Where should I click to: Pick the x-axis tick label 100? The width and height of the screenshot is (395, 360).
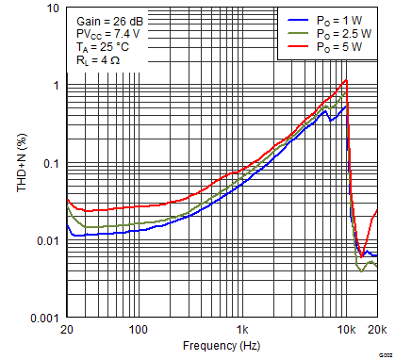(139, 332)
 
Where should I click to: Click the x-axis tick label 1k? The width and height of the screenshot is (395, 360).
(243, 332)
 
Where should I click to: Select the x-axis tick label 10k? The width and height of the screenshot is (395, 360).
(346, 332)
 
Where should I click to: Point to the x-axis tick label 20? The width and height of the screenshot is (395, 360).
(67, 332)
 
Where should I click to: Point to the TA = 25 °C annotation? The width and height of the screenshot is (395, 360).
(104, 49)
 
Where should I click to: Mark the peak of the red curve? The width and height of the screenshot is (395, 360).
(346, 80)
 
